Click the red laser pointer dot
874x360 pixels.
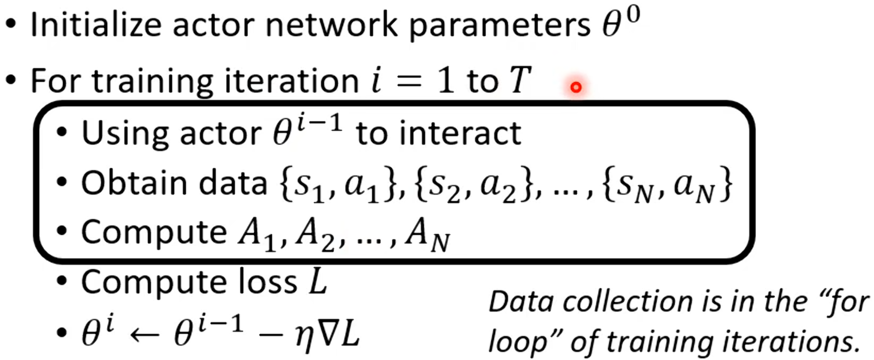[x=576, y=87]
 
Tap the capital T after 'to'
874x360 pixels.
[x=520, y=80]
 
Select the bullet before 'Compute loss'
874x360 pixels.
[x=62, y=282]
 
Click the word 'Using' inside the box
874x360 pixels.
[x=122, y=134]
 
